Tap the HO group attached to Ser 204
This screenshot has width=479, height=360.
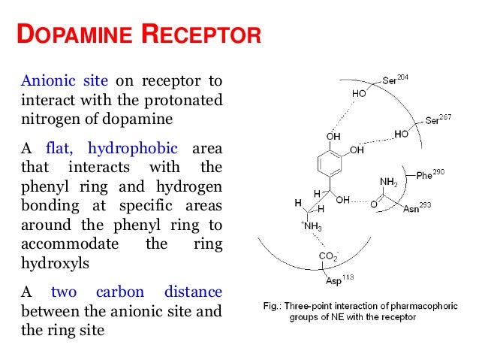(x=360, y=94)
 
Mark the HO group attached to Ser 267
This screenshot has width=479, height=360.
(x=401, y=134)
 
